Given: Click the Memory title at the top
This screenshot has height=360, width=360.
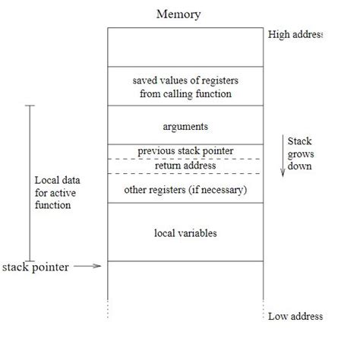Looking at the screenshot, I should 180,14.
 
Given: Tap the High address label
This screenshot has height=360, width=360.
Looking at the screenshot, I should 295,34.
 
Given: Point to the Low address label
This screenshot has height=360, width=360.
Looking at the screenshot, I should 295,316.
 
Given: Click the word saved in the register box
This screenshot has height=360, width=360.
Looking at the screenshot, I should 146,80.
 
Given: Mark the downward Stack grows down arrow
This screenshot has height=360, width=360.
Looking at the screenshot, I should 283,156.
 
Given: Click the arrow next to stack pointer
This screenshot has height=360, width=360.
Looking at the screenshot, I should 90,266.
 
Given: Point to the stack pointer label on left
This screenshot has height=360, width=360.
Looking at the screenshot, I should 36,267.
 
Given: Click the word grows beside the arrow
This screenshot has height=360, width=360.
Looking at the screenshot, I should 301,154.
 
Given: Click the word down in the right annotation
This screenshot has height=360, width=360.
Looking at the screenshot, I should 299,166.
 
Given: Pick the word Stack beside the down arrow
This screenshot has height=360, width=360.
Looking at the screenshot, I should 300,141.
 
